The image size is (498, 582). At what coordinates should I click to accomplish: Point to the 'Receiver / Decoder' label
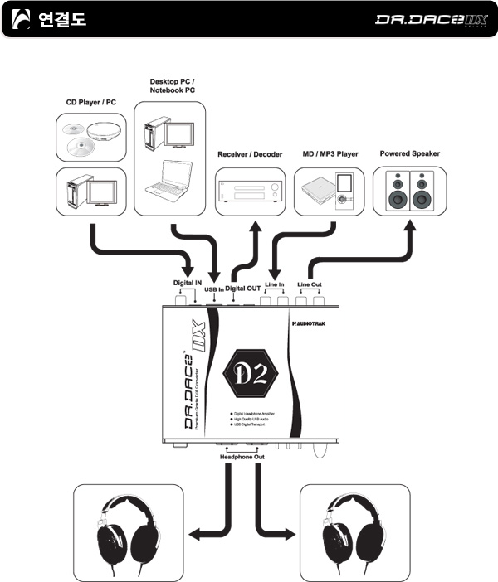[250, 153]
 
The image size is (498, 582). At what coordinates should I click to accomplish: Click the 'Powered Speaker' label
[409, 153]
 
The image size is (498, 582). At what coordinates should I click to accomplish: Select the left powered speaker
[398, 191]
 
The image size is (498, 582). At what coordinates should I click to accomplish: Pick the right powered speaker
[422, 191]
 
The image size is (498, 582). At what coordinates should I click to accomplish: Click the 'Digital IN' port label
[188, 282]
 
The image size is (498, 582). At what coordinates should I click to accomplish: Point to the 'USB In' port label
[214, 289]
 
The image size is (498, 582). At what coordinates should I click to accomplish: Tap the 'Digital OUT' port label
[243, 288]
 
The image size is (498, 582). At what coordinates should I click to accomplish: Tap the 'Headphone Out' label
[242, 456]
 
